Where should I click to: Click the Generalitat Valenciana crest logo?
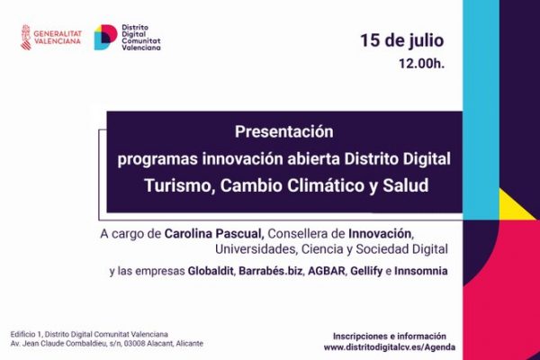click(x=26, y=38)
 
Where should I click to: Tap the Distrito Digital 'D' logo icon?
click(x=104, y=38)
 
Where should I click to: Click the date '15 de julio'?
click(x=401, y=40)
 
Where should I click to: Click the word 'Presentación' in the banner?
click(x=283, y=131)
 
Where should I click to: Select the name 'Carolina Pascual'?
click(x=211, y=233)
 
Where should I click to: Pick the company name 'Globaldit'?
click(x=211, y=271)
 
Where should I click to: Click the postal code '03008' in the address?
click(x=146, y=344)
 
